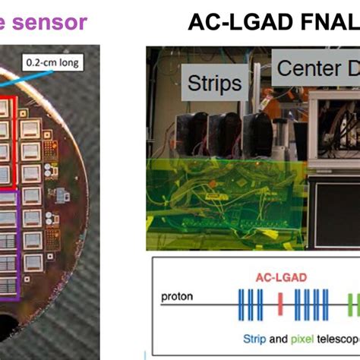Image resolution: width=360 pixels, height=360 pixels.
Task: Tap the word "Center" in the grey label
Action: (x=308, y=69)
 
